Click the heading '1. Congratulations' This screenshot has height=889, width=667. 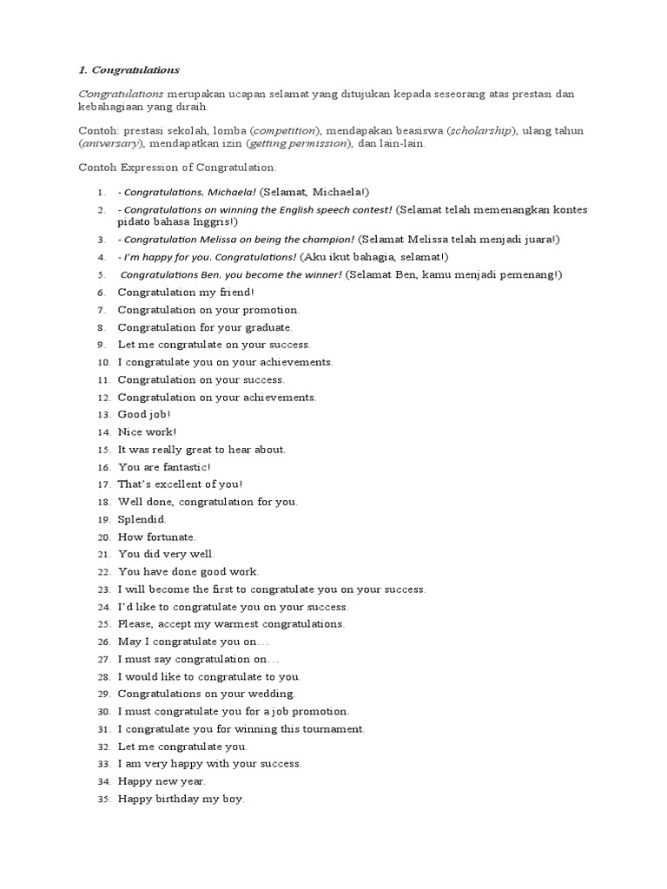click(129, 69)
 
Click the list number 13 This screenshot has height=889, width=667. click(103, 415)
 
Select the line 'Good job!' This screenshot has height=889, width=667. click(144, 415)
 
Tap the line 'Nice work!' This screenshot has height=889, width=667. click(147, 432)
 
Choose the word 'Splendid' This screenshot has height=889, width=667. click(142, 519)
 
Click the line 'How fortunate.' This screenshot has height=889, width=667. click(156, 537)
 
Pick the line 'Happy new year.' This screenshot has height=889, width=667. click(162, 781)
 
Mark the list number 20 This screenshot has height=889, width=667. click(103, 537)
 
